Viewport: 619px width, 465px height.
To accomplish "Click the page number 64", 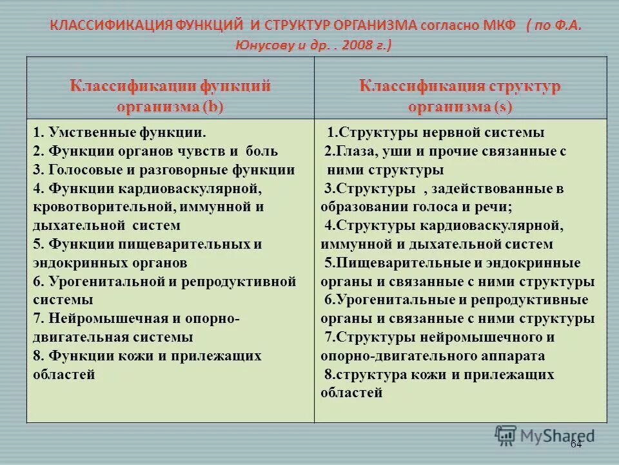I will point(576,444).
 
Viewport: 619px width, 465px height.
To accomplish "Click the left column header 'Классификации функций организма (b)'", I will point(170,96).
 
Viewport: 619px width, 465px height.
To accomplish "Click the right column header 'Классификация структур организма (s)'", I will point(460,96).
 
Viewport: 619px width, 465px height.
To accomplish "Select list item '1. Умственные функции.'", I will point(120,134).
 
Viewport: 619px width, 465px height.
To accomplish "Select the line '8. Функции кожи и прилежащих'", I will point(147,356).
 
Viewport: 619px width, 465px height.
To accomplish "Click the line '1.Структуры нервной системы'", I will point(436,133).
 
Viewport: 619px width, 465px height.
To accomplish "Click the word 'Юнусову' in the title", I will point(258,45).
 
